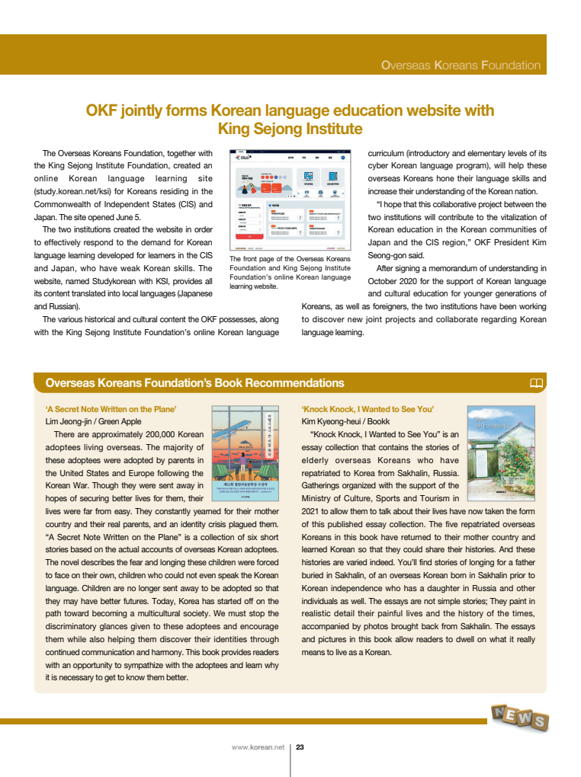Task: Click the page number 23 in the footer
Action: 300,747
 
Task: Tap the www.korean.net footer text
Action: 258,747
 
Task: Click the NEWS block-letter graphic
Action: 520,717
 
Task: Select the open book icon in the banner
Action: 536,383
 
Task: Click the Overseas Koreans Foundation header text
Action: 461,66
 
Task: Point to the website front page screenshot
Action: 290,200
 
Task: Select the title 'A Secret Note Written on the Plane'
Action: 111,409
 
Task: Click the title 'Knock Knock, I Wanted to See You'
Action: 368,409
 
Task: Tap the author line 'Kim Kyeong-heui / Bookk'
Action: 346,421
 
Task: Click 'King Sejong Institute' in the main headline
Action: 290,129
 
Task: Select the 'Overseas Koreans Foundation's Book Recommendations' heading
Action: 194,383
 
